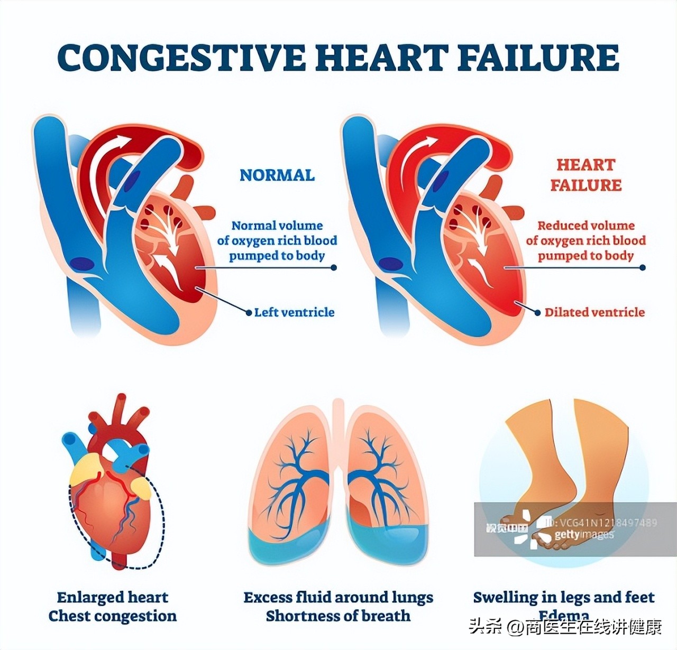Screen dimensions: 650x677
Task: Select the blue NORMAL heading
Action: coord(277,175)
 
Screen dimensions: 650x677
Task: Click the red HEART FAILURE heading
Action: coord(585,175)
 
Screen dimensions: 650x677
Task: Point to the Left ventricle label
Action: coord(294,312)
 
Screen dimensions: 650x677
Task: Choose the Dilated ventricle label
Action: coord(594,312)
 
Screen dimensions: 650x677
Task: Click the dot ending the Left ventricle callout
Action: coord(249,312)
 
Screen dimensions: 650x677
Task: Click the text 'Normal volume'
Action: coord(277,226)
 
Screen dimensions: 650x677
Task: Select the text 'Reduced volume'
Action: coord(586,226)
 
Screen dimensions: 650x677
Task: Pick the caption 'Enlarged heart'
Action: coord(113,597)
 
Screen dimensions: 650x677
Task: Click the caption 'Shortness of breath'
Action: coord(338,616)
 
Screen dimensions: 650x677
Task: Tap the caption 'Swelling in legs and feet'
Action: coord(564,597)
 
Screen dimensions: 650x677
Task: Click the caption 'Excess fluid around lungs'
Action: coord(338,597)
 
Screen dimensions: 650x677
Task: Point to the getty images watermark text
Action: coord(584,535)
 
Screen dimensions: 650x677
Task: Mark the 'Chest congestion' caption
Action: coord(113,616)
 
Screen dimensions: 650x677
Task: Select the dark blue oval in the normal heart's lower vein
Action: coord(83,263)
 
